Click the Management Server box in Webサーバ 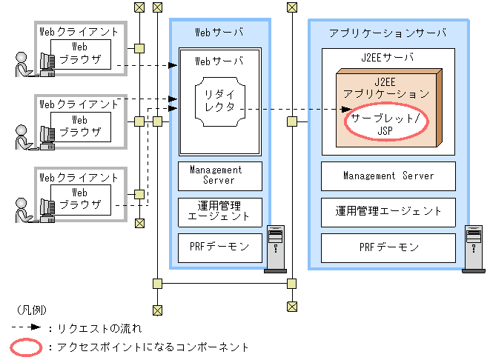pyautogui.click(x=220, y=176)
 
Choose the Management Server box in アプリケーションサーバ pyautogui.click(x=388, y=176)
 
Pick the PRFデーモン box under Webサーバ pyautogui.click(x=220, y=247)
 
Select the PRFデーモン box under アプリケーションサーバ pyautogui.click(x=388, y=247)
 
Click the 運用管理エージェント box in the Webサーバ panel pyautogui.click(x=220, y=211)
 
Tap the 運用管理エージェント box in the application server pyautogui.click(x=388, y=211)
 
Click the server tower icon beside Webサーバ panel pyautogui.click(x=277, y=248)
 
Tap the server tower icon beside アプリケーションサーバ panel pyautogui.click(x=473, y=248)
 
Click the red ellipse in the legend pyautogui.click(x=27, y=347)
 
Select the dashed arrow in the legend pyautogui.click(x=25, y=327)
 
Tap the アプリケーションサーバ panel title pyautogui.click(x=388, y=33)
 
